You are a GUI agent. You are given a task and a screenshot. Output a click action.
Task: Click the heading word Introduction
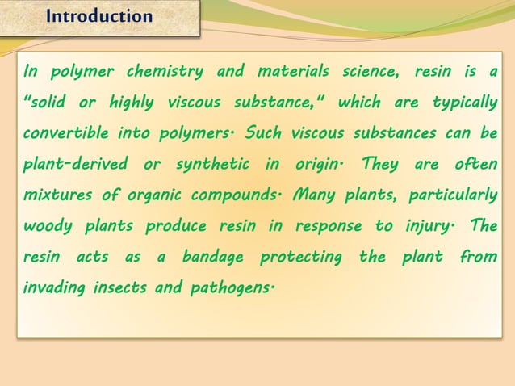pos(99,16)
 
